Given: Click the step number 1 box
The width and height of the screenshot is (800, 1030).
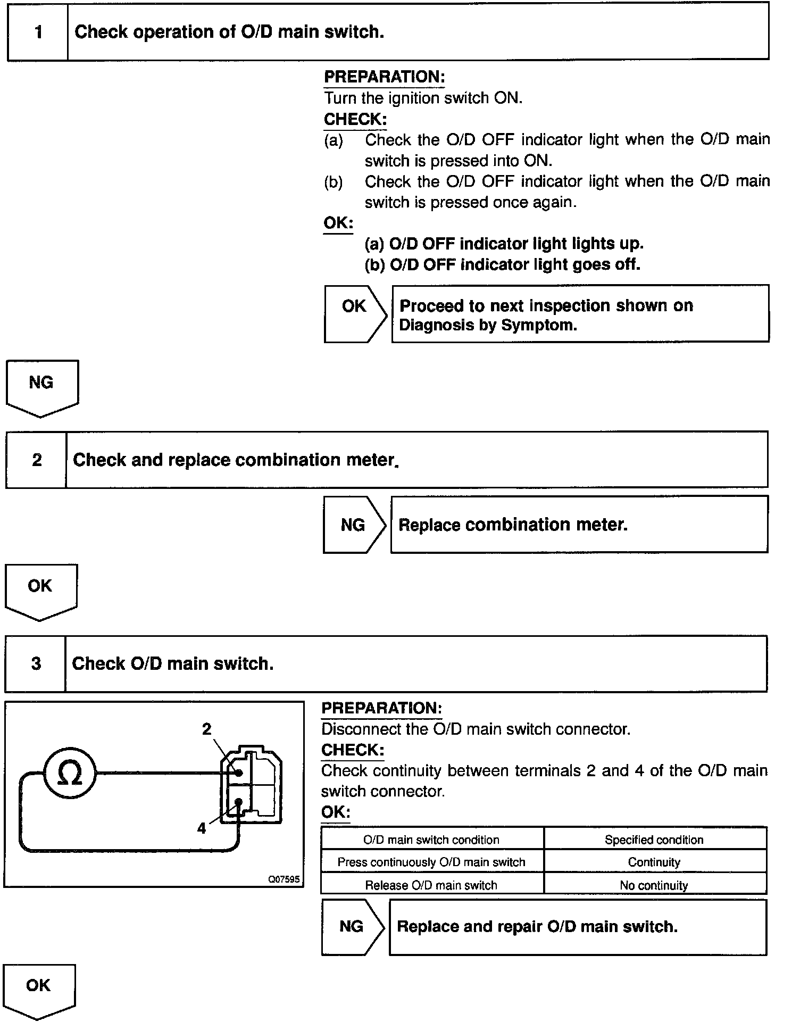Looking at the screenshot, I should pos(38,32).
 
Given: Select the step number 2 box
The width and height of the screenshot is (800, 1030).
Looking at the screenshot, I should pos(37,460).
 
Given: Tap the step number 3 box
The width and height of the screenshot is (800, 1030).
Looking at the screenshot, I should pos(36,664).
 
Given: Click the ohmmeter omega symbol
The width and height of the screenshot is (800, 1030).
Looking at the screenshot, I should pos(69,773).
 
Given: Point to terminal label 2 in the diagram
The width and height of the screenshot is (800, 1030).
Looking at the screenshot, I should pos(206,729).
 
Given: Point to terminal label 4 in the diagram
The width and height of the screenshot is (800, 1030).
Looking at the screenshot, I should pos(202,828).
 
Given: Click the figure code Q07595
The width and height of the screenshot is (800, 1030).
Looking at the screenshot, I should pos(284,879).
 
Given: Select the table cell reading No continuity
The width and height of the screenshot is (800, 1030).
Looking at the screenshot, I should pos(654,885).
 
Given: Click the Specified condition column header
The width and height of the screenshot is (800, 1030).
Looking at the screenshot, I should pos(654,840).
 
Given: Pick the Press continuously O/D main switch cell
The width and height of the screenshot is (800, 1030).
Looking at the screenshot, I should pos(431,862).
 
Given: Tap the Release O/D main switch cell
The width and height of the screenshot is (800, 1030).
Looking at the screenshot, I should pos(431,885).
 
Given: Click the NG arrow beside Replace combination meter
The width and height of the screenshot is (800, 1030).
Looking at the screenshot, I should pos(354,525).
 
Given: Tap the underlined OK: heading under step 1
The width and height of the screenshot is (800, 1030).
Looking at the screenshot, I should pos(338,223).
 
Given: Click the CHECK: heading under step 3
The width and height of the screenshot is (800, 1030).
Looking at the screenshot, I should pos(353,750).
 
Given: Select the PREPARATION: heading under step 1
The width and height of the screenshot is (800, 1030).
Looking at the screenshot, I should pos(384,77).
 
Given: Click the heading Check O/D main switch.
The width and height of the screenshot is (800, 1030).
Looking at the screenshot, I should pos(173,664).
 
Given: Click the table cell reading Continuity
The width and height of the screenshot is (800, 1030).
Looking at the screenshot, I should pos(654,862).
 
